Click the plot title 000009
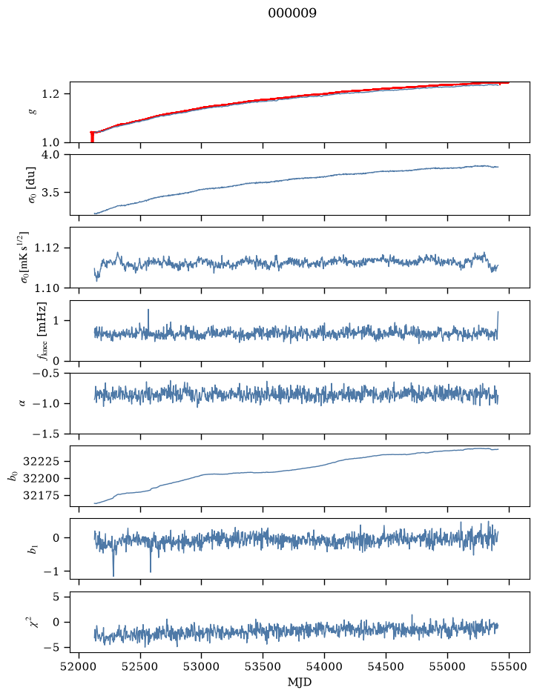[x=292, y=13]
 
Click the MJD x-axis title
[x=300, y=682]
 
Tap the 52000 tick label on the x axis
[x=79, y=666]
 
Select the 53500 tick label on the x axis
[x=263, y=666]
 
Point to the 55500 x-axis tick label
[x=509, y=666]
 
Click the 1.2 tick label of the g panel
[x=50, y=94]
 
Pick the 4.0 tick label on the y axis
[x=50, y=154]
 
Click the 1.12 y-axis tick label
[x=47, y=248]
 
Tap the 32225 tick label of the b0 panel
[x=41, y=462]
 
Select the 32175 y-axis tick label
[x=41, y=495]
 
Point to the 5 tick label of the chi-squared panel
[x=56, y=597]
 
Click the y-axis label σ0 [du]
[x=32, y=185]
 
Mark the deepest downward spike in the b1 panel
[x=113, y=575]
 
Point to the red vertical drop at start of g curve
[x=92, y=137]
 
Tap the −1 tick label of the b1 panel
[x=51, y=571]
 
